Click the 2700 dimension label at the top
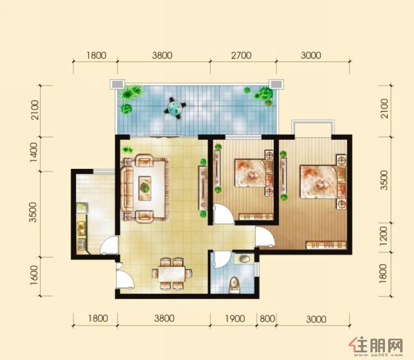pyautogui.click(x=241, y=55)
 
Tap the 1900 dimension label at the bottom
pyautogui.click(x=235, y=319)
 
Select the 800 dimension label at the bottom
pyautogui.click(x=267, y=319)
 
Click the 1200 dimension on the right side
pyautogui.click(x=383, y=236)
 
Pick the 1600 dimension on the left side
pyautogui.click(x=34, y=276)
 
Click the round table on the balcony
pyautogui.click(x=174, y=108)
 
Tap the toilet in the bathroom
pyautogui.click(x=234, y=285)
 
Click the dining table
pyautogui.click(x=172, y=274)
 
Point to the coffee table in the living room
pyautogui.click(x=145, y=188)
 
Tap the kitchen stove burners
pyautogui.click(x=81, y=244)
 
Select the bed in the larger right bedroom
pyautogui.click(x=319, y=182)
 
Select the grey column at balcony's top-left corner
pyautogui.click(x=117, y=84)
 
